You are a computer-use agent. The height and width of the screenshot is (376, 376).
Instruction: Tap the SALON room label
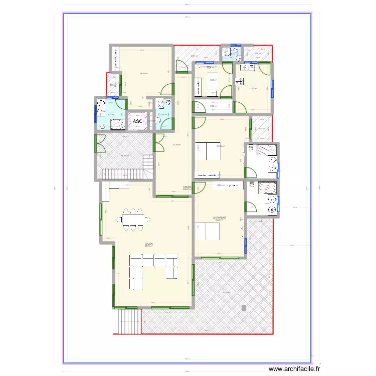click(x=149, y=244)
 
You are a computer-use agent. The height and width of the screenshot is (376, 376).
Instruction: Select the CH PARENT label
click(x=220, y=218)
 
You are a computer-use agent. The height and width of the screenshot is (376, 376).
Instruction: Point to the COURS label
click(x=187, y=187)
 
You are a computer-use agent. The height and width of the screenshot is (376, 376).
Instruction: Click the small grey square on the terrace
click(x=244, y=306)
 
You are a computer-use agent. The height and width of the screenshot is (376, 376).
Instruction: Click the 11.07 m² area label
click(x=253, y=89)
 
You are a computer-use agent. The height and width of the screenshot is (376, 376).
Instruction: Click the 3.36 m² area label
click(x=213, y=106)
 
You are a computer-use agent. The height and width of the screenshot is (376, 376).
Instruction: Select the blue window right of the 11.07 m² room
click(x=272, y=87)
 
